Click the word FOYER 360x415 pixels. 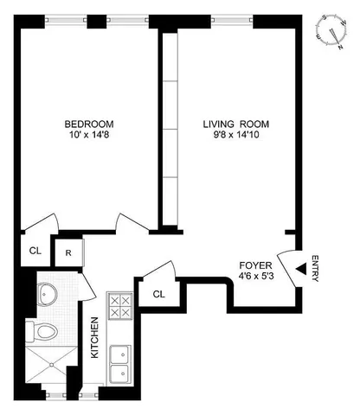coord(254,264)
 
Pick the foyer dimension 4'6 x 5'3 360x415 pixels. coord(254,276)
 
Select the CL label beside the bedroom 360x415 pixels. coord(35,252)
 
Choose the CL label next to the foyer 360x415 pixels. coord(159,293)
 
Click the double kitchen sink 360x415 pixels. coord(119,364)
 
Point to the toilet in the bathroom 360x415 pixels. coord(46,331)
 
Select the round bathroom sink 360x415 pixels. coord(48,294)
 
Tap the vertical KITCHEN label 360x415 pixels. coord(95,339)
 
